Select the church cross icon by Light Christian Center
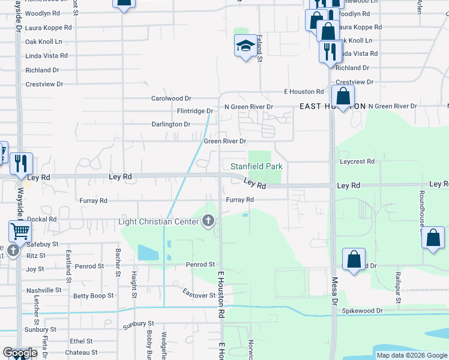tap(208, 222)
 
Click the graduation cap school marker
tap(246, 46)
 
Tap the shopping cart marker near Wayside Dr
tap(20, 231)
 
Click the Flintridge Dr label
tap(195, 111)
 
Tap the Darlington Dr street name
tap(170, 124)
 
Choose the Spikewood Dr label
tap(362, 311)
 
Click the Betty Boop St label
tap(93, 296)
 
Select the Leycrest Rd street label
tap(357, 161)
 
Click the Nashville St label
tap(44, 290)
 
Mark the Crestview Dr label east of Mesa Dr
tap(355, 82)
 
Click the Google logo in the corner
tap(20, 353)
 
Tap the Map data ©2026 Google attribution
tap(411, 355)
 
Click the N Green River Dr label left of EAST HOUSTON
tap(249, 107)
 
